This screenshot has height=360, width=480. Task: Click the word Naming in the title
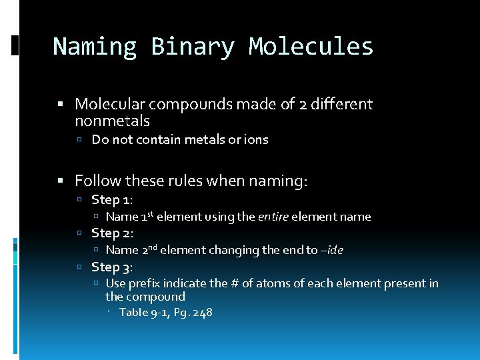click(x=95, y=47)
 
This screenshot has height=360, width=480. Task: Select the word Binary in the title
click(x=193, y=47)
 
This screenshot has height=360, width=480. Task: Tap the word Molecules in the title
click(x=311, y=47)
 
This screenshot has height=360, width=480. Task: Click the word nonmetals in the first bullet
click(x=112, y=121)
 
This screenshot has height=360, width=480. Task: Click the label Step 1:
click(x=112, y=199)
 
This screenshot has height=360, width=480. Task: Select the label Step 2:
click(x=112, y=233)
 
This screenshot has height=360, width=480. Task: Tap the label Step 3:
click(x=112, y=267)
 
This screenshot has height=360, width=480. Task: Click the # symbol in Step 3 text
click(x=236, y=283)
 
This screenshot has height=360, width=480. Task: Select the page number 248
click(x=201, y=312)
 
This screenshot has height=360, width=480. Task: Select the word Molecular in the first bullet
click(x=109, y=104)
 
